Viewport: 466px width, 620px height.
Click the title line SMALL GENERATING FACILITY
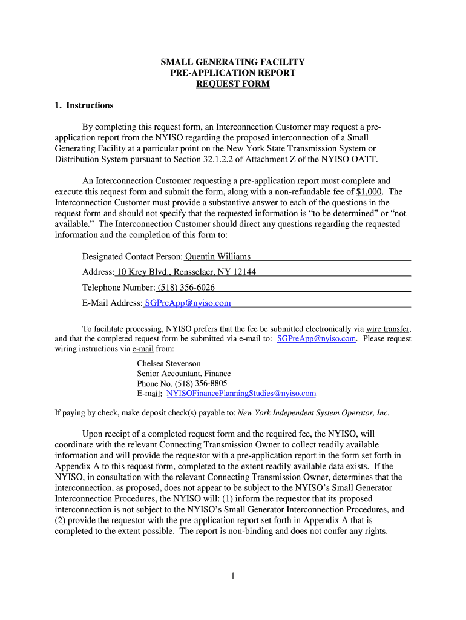pyautogui.click(x=232, y=62)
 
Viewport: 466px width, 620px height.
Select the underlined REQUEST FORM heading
pyautogui.click(x=232, y=84)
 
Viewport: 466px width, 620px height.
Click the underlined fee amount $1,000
pyautogui.click(x=369, y=191)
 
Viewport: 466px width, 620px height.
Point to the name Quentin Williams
pyautogui.click(x=218, y=256)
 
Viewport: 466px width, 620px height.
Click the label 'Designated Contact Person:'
pyautogui.click(x=133, y=256)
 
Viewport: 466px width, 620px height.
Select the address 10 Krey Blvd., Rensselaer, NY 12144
pyautogui.click(x=186, y=272)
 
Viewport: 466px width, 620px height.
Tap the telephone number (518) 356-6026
pyautogui.click(x=186, y=288)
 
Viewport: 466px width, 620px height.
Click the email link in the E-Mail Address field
pyautogui.click(x=188, y=303)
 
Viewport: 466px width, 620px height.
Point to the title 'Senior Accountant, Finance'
pyautogui.click(x=183, y=374)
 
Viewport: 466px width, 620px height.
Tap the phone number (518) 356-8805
pyautogui.click(x=200, y=383)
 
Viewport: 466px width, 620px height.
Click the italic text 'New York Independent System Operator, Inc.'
pyautogui.click(x=313, y=413)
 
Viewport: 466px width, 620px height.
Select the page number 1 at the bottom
pyautogui.click(x=232, y=576)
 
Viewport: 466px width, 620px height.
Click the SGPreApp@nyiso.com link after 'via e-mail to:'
pyautogui.click(x=316, y=338)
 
